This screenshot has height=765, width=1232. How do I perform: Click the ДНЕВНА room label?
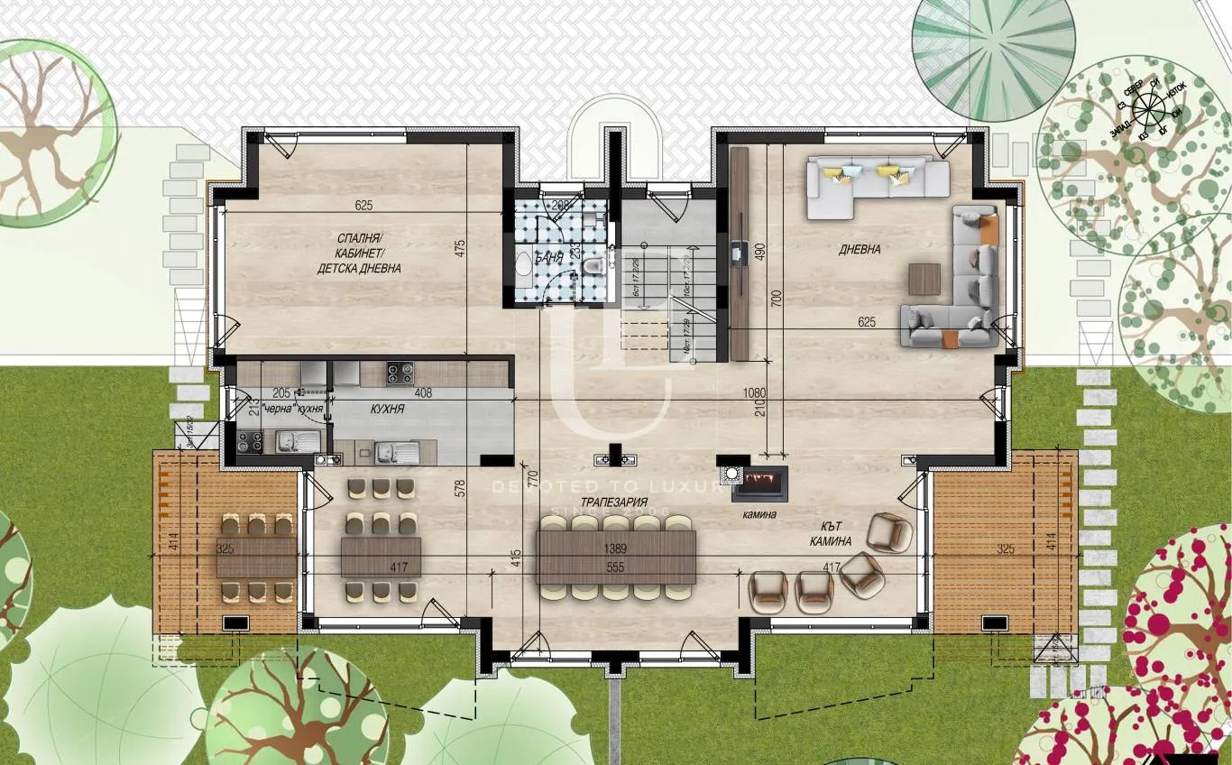click(861, 250)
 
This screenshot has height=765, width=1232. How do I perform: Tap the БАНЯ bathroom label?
click(548, 257)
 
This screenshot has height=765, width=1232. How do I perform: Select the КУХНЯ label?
click(387, 409)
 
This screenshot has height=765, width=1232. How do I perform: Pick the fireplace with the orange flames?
click(759, 484)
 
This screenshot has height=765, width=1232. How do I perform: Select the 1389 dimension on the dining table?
click(615, 548)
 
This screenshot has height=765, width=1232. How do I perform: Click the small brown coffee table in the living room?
click(924, 278)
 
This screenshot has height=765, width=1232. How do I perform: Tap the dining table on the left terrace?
click(256, 556)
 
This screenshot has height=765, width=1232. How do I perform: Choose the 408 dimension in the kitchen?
click(422, 393)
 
